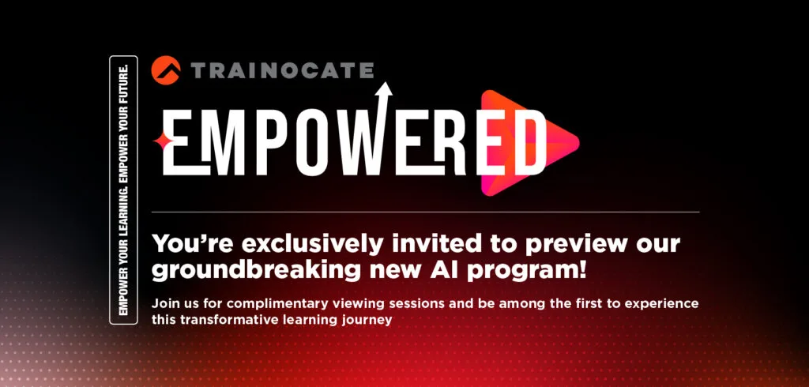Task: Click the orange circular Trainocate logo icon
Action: (166, 70)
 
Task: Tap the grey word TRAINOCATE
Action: (282, 70)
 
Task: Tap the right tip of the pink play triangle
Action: (578, 142)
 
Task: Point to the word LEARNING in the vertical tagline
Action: (124, 204)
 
